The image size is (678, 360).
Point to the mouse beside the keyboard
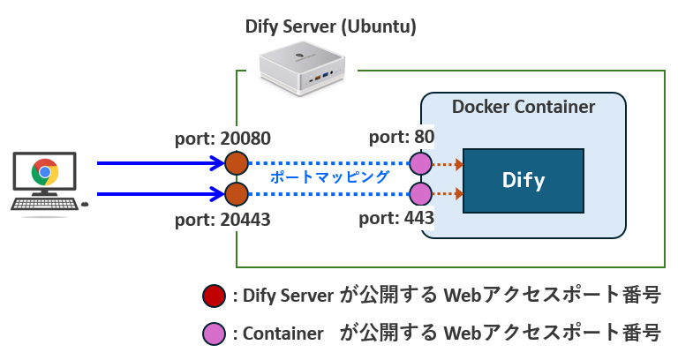pyautogui.click(x=85, y=205)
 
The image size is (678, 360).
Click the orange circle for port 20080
pyautogui.click(x=236, y=163)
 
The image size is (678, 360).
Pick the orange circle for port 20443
pyautogui.click(x=236, y=193)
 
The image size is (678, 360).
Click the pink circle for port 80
pyautogui.click(x=420, y=163)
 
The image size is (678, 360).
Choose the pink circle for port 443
pyautogui.click(x=420, y=193)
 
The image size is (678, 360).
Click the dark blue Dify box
pyautogui.click(x=523, y=181)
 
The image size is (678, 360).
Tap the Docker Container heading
pyautogui.click(x=524, y=108)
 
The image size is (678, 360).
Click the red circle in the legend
pyautogui.click(x=213, y=296)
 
